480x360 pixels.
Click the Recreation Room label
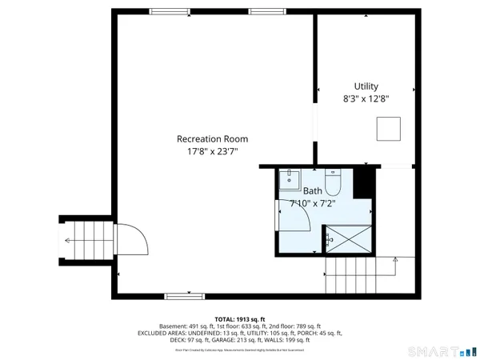(213, 138)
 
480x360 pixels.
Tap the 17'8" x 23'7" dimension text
(213, 151)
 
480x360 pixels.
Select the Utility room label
(366, 86)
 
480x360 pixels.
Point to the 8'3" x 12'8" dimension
(366, 100)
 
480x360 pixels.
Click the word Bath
(312, 191)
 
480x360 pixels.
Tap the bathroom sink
(289, 180)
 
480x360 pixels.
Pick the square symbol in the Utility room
(389, 128)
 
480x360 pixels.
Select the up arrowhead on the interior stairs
(395, 258)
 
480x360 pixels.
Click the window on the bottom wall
(178, 296)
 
